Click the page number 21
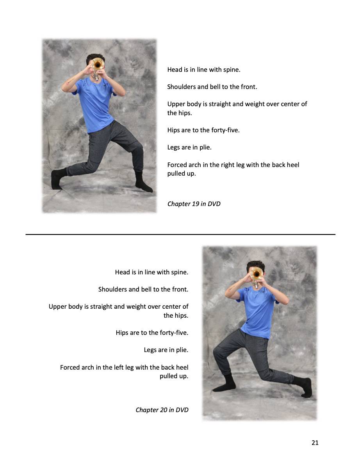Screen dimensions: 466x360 point(315,443)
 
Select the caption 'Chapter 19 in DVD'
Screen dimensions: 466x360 point(194,204)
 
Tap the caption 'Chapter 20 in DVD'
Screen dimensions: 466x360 point(162,410)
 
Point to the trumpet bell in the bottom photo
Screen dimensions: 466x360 point(256,274)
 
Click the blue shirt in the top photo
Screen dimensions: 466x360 point(95,103)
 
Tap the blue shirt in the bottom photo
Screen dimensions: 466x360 point(257,310)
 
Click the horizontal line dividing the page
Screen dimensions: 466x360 point(180,234)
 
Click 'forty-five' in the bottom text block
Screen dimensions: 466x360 point(174,333)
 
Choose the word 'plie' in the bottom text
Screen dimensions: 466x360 point(181,350)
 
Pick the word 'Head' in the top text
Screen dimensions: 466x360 point(175,70)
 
